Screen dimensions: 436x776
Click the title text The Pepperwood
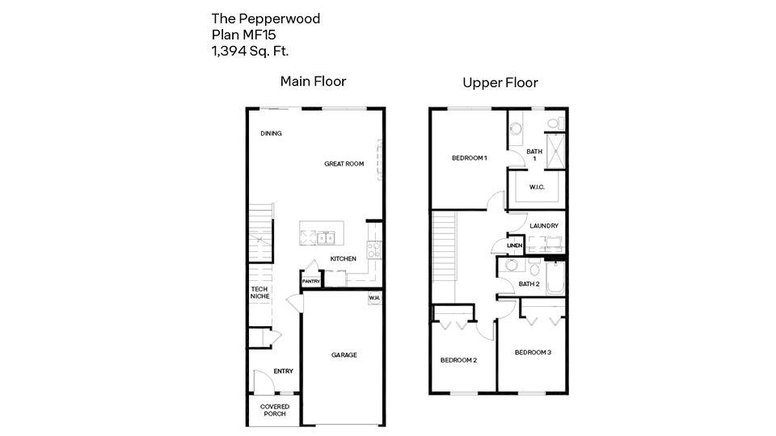[x=266, y=18]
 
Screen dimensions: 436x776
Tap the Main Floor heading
[x=313, y=82]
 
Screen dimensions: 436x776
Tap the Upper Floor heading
[x=500, y=82]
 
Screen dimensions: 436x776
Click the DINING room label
[x=271, y=133]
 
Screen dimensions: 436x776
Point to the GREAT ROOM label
[x=344, y=164]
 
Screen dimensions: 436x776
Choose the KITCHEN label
[x=343, y=258]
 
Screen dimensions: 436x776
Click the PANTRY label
[x=311, y=281]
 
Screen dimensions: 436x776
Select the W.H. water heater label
[x=374, y=298]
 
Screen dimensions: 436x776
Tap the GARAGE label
[x=344, y=354]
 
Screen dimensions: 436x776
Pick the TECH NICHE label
[x=259, y=293]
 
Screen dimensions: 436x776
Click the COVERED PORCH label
[x=273, y=410]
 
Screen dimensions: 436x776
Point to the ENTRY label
[x=283, y=371]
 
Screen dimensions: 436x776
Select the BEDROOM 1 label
[x=469, y=158]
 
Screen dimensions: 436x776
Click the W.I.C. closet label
[x=537, y=187]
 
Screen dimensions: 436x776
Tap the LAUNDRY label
[x=544, y=225]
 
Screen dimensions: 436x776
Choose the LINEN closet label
[x=514, y=245]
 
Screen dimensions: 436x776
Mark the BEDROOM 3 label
[x=533, y=352]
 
